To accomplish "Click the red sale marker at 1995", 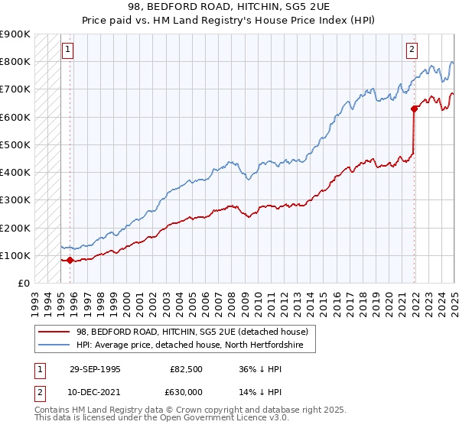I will tap(70, 260).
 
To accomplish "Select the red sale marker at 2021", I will tap(414, 109).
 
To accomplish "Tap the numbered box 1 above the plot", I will tap(67, 50).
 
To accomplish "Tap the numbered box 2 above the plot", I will tap(412, 50).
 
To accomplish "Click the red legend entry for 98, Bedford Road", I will tap(192, 332).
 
